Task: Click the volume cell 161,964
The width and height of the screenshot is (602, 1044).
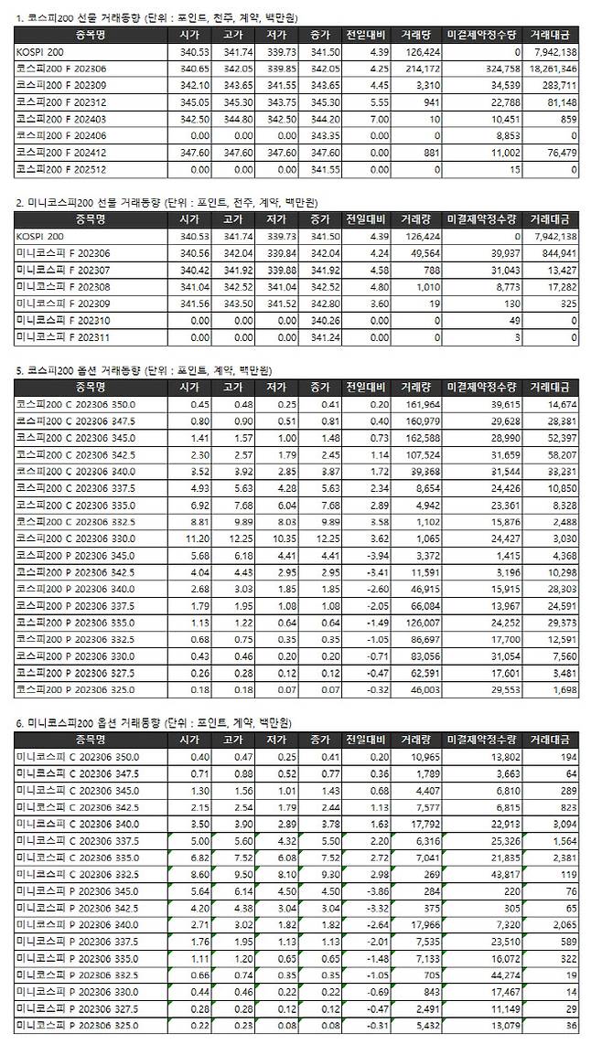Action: (x=420, y=404)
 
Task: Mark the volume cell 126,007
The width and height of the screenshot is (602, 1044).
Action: (x=420, y=619)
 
